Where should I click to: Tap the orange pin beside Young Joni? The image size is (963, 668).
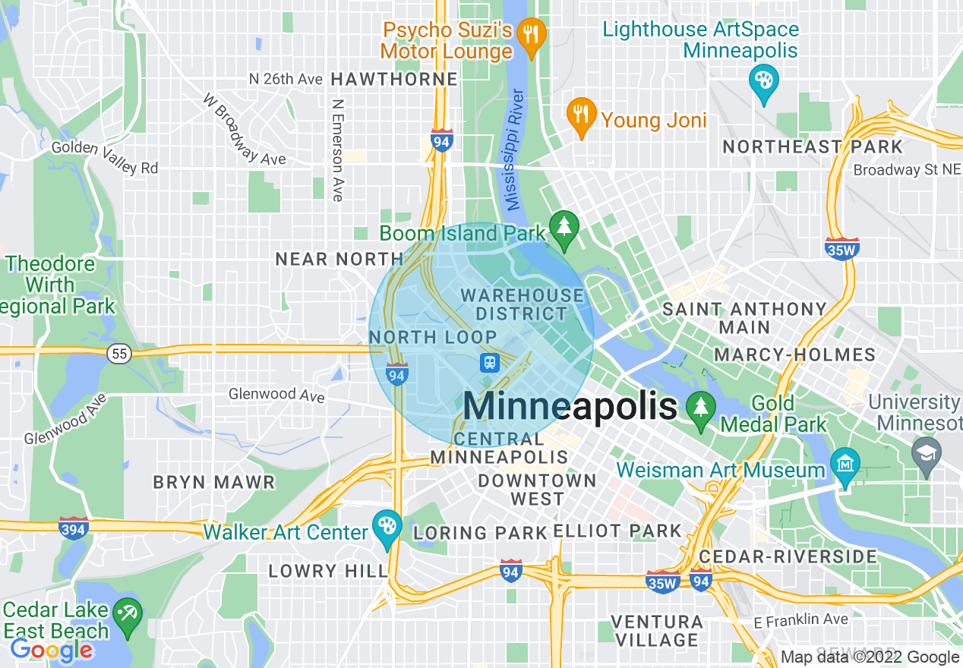(x=581, y=116)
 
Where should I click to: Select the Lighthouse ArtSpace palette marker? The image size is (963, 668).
(x=761, y=80)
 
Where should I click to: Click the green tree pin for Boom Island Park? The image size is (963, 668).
(x=564, y=228)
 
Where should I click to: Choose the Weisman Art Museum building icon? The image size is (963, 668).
(x=845, y=463)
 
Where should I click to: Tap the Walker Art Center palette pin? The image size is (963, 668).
(x=387, y=526)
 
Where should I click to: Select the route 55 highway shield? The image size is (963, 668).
(x=118, y=354)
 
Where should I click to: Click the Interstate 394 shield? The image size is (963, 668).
(x=74, y=526)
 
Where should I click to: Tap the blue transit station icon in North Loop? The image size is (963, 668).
(x=490, y=362)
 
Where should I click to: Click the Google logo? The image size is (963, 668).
(x=51, y=650)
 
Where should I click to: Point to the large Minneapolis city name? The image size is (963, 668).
(x=570, y=406)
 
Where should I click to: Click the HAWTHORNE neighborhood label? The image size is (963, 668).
(x=395, y=79)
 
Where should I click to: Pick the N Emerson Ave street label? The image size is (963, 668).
(x=338, y=150)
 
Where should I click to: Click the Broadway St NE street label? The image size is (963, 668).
(x=907, y=170)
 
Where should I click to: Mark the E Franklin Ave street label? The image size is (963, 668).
(x=801, y=619)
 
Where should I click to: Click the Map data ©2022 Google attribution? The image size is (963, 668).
(x=870, y=657)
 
